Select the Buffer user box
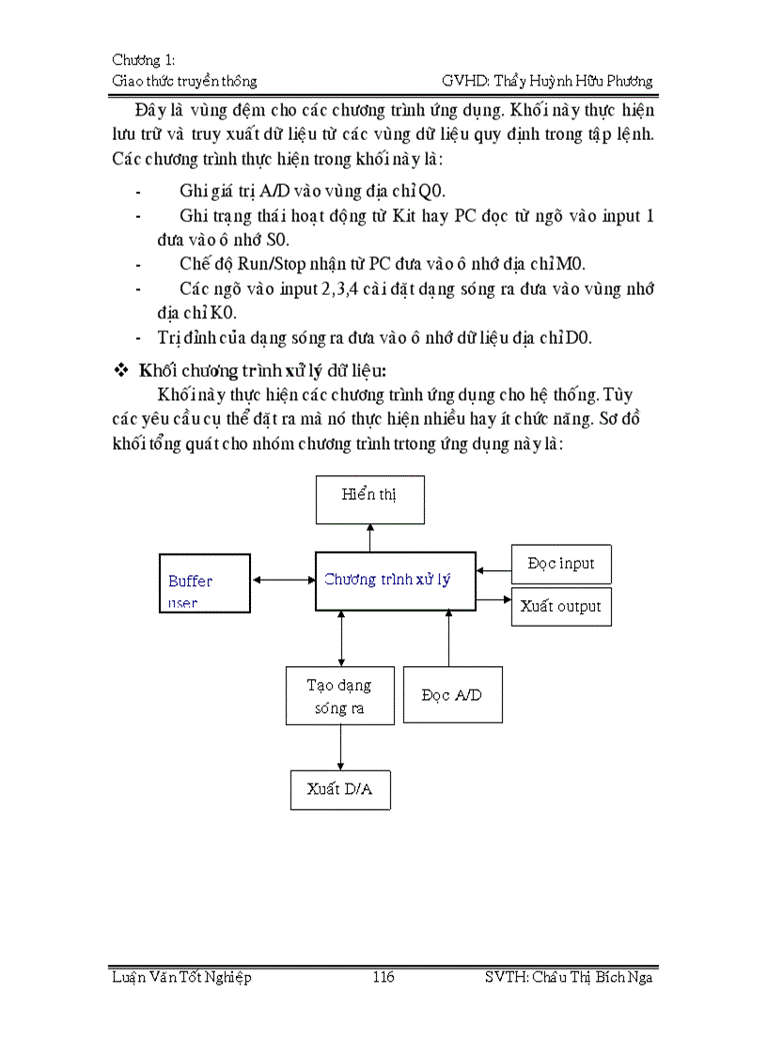[x=205, y=583]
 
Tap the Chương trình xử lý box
[x=395, y=581]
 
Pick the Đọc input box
[x=561, y=564]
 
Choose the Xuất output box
[x=561, y=607]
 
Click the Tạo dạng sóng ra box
[x=339, y=696]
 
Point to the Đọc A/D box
[x=452, y=695]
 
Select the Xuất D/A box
[x=339, y=789]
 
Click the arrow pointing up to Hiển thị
[x=369, y=538]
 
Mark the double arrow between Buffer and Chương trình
[x=283, y=580]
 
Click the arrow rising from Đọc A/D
[x=448, y=639]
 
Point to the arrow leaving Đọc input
[x=493, y=568]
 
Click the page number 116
[x=383, y=977]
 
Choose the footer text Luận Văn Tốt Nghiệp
[x=181, y=977]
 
